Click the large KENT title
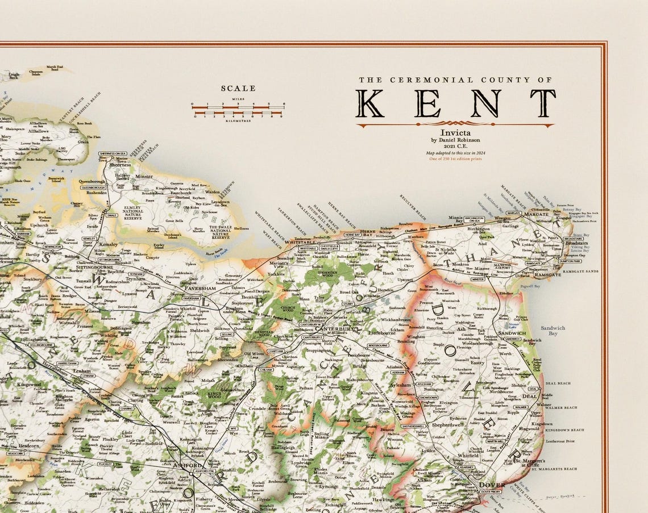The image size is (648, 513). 455,103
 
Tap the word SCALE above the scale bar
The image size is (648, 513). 238,89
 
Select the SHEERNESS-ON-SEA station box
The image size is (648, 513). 112,153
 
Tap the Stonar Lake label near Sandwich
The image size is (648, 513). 518,327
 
